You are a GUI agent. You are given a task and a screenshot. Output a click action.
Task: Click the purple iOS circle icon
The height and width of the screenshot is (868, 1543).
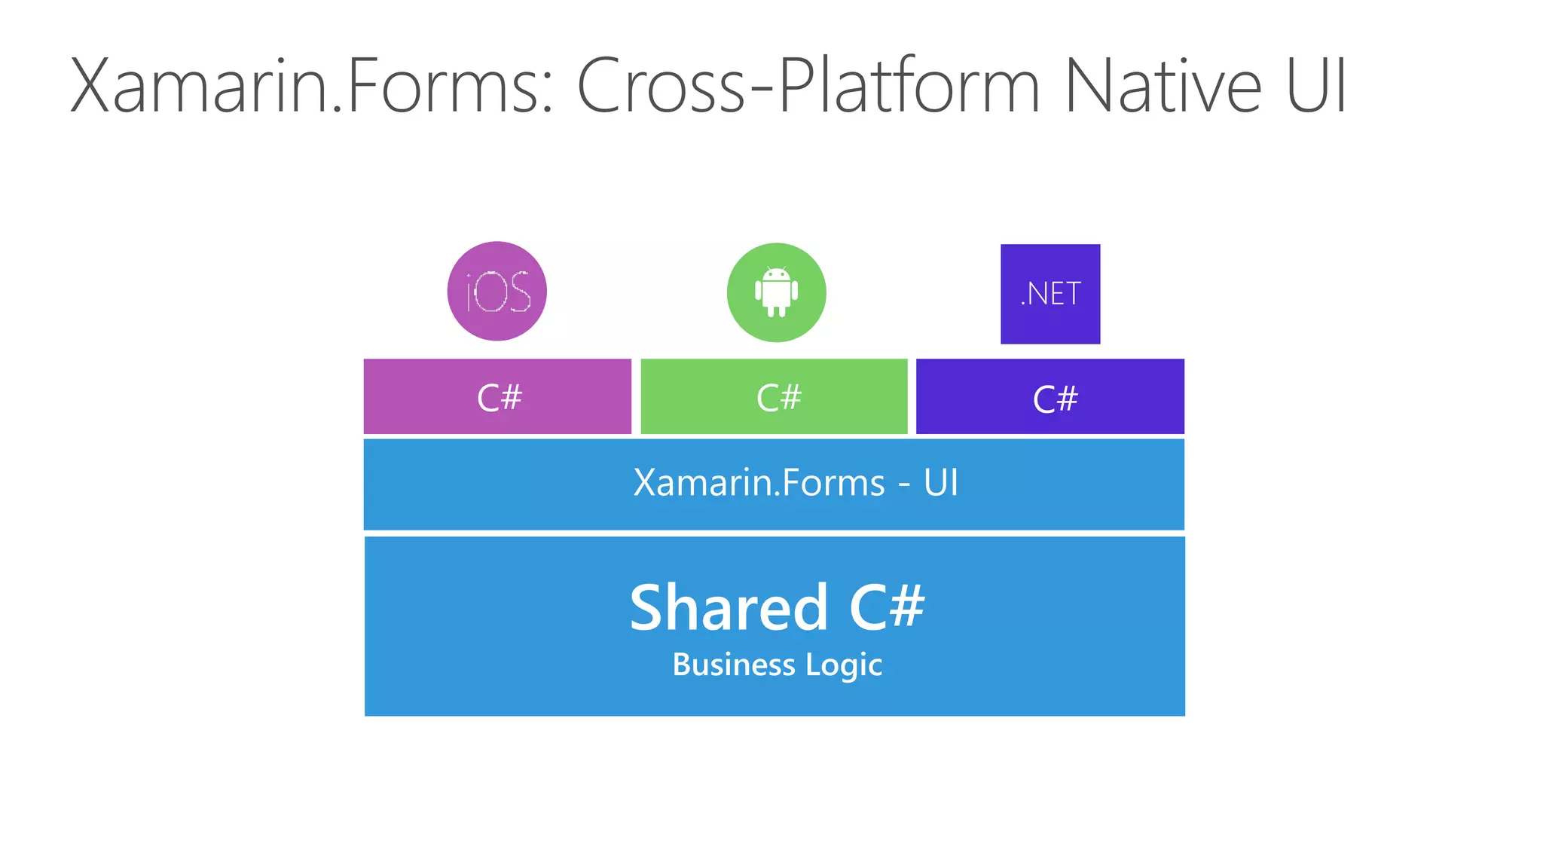click(497, 292)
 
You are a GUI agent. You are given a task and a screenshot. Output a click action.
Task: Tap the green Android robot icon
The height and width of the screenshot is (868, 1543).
click(776, 292)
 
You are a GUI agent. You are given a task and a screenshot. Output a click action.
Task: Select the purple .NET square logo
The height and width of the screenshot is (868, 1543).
click(1050, 294)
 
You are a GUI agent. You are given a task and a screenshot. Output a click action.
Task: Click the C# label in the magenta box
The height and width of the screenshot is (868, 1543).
click(499, 398)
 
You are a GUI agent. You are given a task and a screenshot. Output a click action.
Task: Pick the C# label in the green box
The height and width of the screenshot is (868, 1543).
click(778, 398)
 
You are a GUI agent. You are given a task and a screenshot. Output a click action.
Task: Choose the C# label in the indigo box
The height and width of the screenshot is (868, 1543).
click(1055, 399)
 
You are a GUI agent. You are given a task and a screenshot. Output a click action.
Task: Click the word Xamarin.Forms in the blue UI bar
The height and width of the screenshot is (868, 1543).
click(759, 483)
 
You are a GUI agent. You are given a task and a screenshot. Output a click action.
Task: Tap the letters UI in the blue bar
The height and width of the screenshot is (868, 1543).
click(941, 483)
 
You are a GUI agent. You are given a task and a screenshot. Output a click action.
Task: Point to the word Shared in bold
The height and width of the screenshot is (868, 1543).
click(729, 607)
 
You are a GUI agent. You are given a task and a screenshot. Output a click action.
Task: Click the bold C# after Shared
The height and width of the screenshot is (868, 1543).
click(887, 607)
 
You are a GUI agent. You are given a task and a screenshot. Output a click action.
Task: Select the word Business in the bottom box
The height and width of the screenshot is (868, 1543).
click(734, 665)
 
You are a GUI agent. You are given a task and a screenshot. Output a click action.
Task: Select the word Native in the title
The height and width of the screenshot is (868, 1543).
click(1163, 87)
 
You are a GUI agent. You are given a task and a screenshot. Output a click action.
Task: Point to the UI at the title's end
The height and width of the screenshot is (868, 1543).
click(1316, 87)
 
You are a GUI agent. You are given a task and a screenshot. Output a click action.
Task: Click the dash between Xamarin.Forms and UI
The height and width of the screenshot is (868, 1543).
click(904, 485)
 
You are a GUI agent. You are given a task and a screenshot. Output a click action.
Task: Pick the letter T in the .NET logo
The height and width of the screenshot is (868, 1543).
click(1073, 294)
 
